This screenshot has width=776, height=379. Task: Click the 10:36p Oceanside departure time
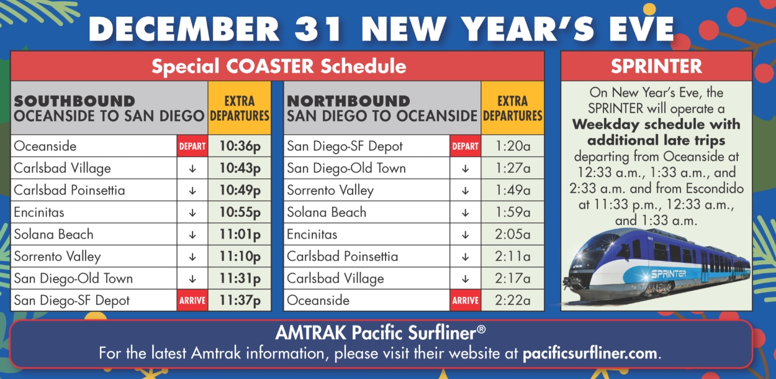click(x=240, y=146)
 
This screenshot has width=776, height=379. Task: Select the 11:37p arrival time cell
click(x=240, y=300)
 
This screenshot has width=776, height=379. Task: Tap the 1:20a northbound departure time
click(x=513, y=146)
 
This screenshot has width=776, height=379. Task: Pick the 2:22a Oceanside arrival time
click(x=513, y=300)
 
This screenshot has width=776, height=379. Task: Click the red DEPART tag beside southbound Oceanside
click(x=192, y=146)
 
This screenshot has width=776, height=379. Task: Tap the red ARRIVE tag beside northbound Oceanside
click(x=465, y=300)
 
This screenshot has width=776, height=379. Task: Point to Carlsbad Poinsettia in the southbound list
click(x=70, y=190)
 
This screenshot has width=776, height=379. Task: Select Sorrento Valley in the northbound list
click(x=330, y=190)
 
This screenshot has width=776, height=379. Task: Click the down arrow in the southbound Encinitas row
click(x=192, y=212)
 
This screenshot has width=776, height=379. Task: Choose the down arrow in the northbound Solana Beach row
click(x=465, y=212)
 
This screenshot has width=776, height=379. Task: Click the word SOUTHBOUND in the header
click(x=74, y=101)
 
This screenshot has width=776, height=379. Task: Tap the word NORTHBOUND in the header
click(x=348, y=101)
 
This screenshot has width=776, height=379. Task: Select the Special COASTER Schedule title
click(x=279, y=66)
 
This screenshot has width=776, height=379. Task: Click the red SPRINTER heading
click(x=656, y=66)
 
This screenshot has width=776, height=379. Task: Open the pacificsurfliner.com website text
click(x=590, y=354)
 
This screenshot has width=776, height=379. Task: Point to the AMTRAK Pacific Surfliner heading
click(x=380, y=332)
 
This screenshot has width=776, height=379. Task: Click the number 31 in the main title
click(x=318, y=29)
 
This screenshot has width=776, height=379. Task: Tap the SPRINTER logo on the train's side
click(x=668, y=274)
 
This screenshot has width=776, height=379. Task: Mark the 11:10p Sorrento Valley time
click(x=240, y=256)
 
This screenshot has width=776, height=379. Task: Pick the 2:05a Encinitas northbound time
click(x=513, y=234)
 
